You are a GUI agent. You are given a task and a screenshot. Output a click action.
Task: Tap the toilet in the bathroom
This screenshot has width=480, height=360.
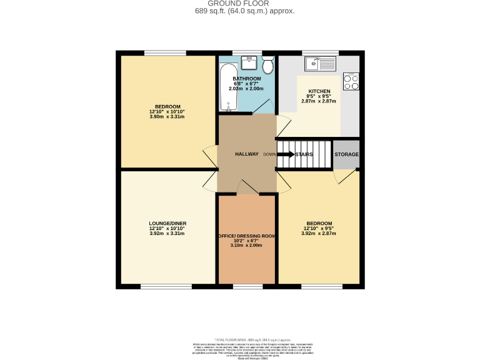[268, 66]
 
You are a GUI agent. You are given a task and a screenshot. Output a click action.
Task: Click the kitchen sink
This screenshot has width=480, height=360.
[320, 63]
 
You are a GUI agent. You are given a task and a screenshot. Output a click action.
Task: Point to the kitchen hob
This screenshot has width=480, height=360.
[351, 81]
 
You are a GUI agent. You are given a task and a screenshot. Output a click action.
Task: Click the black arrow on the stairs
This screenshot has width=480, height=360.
[286, 154]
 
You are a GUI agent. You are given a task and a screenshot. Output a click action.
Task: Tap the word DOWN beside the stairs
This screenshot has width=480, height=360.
[269, 154]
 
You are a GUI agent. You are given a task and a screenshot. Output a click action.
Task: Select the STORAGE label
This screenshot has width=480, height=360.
[346, 154]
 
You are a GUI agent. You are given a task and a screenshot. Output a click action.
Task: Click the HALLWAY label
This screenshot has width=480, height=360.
[246, 154]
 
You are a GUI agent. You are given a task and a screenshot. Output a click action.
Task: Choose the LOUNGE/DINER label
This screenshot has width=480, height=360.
[167, 223]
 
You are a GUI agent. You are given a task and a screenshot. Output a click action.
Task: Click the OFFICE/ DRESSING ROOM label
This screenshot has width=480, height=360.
[246, 236]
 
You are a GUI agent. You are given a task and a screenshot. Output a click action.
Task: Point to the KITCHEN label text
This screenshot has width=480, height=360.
[319, 91]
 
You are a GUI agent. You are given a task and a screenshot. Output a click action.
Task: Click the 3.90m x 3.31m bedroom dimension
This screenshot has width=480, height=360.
[167, 117]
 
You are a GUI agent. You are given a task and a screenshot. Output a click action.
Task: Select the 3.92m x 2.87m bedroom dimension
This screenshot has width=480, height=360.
[319, 233]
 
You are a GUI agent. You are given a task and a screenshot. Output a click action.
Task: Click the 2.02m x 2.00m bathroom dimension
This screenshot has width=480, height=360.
[246, 89]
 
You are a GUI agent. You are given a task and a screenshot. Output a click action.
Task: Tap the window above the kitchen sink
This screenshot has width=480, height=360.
[320, 52]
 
